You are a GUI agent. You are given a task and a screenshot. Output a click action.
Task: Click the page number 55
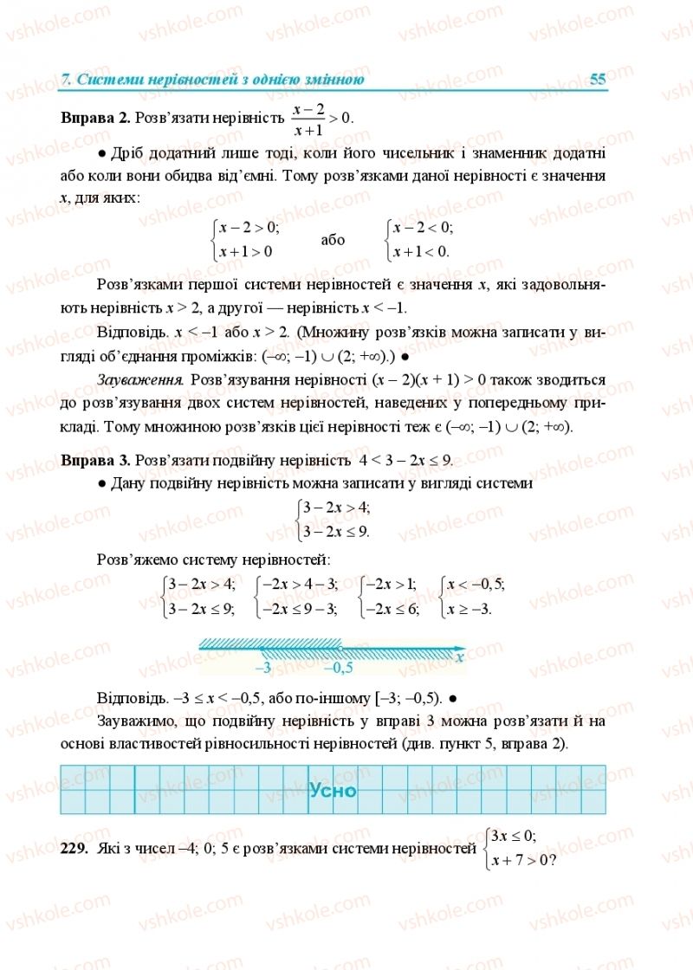point(597,80)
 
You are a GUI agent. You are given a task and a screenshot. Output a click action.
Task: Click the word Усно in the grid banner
point(333,790)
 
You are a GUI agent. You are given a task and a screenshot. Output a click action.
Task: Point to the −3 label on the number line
point(264,668)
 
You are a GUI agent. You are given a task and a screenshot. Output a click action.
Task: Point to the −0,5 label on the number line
point(338,668)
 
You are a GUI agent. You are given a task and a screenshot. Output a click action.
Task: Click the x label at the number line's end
point(460,657)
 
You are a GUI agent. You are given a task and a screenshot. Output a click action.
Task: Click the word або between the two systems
point(333,240)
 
